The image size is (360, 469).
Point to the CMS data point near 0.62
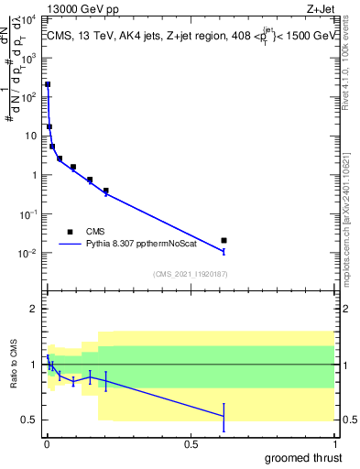click(x=224, y=240)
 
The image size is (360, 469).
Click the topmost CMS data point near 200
click(x=48, y=84)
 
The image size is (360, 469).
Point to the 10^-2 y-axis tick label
click(x=29, y=254)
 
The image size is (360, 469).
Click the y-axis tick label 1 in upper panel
click(x=34, y=175)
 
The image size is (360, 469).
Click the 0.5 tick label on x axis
click(x=191, y=444)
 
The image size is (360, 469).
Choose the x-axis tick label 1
click(x=334, y=444)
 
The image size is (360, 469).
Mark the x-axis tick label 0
click(x=46, y=444)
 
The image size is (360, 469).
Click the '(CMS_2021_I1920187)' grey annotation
click(x=190, y=274)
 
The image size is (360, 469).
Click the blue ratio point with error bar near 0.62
click(x=224, y=417)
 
